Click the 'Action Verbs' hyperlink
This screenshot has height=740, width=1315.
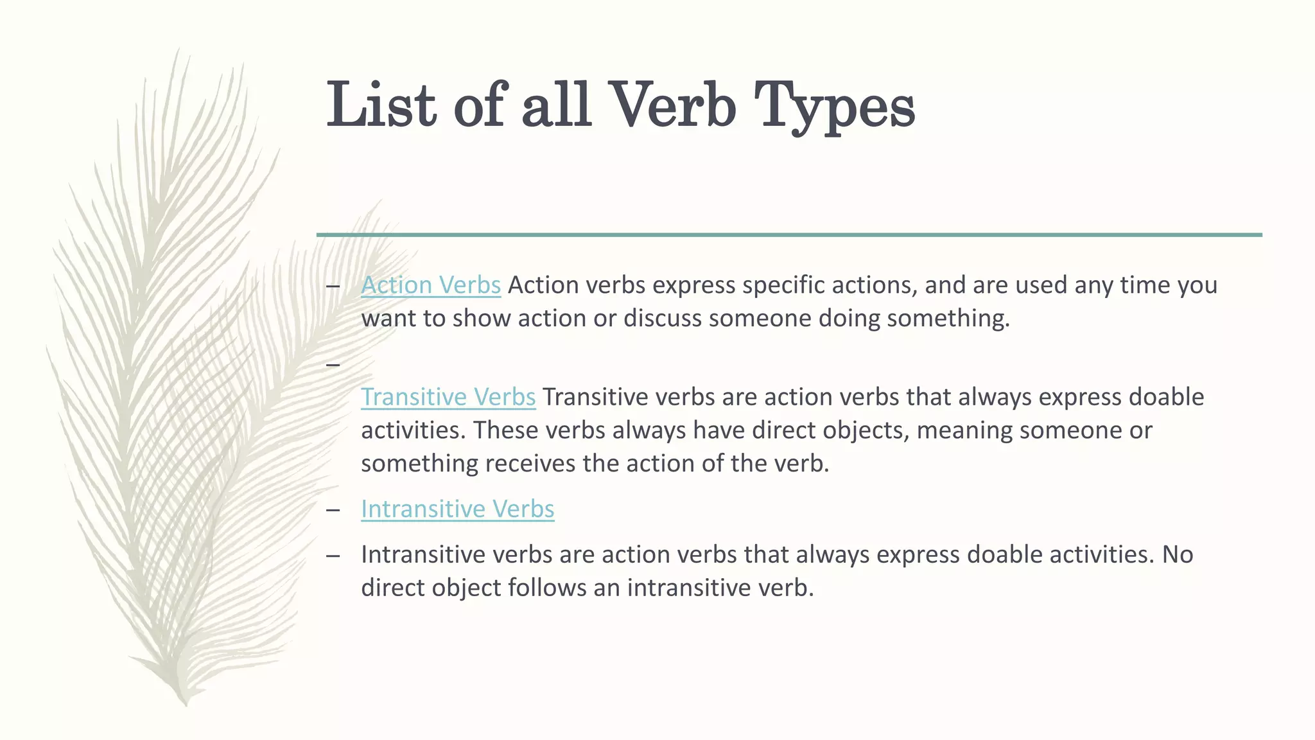click(x=430, y=285)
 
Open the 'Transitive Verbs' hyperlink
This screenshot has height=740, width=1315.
click(x=448, y=397)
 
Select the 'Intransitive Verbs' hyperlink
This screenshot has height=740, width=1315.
click(x=457, y=509)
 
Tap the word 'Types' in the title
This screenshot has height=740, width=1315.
click(x=834, y=107)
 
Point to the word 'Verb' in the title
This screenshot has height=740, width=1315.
click(x=670, y=105)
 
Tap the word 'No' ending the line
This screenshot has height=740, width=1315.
click(x=1177, y=554)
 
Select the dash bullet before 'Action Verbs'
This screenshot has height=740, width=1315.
click(x=333, y=286)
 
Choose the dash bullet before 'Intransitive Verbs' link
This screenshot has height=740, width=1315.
click(x=333, y=510)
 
